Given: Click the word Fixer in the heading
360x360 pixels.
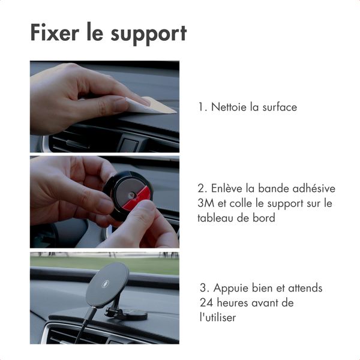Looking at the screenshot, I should [x=55, y=33].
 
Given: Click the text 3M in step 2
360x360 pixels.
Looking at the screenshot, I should [x=205, y=203].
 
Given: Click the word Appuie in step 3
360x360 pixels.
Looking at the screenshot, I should [x=232, y=289].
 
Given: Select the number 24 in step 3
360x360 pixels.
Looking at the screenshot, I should [x=206, y=303].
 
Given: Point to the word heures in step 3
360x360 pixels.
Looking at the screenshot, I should [x=233, y=303].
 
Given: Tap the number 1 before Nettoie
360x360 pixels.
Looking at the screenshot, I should [x=201, y=107].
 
